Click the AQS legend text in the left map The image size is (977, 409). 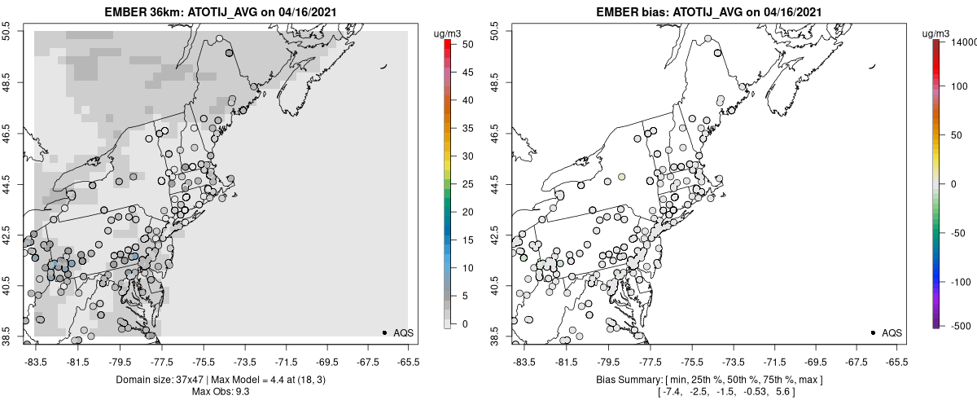(x=403, y=332)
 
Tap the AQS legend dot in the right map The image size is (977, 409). (x=873, y=332)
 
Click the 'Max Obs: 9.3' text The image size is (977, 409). (x=220, y=392)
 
